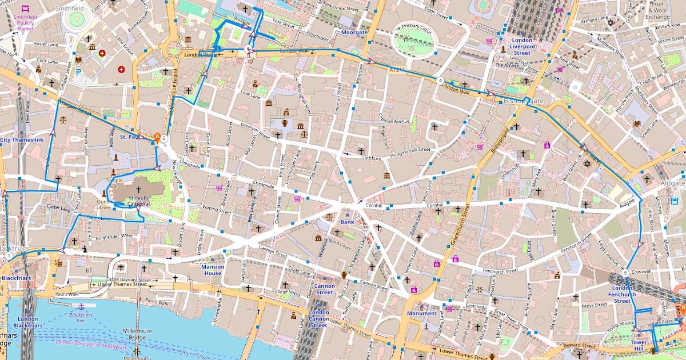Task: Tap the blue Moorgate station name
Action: (x=354, y=33)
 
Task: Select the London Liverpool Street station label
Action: (x=521, y=46)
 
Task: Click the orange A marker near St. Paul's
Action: (x=157, y=137)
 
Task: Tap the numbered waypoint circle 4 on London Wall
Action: (x=440, y=81)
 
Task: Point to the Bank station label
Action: (x=347, y=222)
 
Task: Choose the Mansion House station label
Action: (x=213, y=270)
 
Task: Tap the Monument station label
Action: (x=421, y=313)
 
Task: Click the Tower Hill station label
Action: (x=639, y=346)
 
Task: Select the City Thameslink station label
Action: (x=21, y=139)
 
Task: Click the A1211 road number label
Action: (x=396, y=70)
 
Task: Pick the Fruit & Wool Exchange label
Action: (x=657, y=10)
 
